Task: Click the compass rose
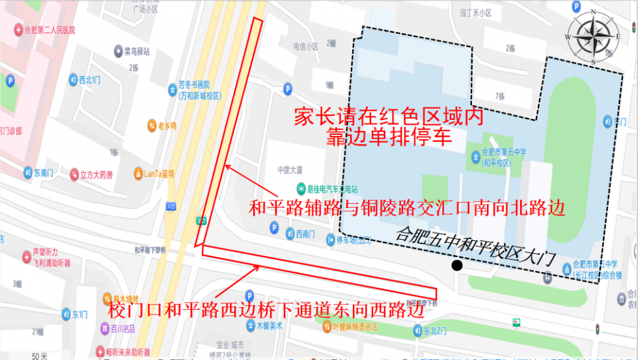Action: pyautogui.click(x=593, y=37)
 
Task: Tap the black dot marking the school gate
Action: pyautogui.click(x=458, y=265)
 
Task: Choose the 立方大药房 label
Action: pyautogui.click(x=96, y=174)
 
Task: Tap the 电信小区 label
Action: pyautogui.click(x=305, y=46)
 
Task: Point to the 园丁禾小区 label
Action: pyautogui.click(x=475, y=12)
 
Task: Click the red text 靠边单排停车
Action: pyautogui.click(x=388, y=138)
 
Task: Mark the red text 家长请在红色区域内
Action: pyautogui.click(x=389, y=117)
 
